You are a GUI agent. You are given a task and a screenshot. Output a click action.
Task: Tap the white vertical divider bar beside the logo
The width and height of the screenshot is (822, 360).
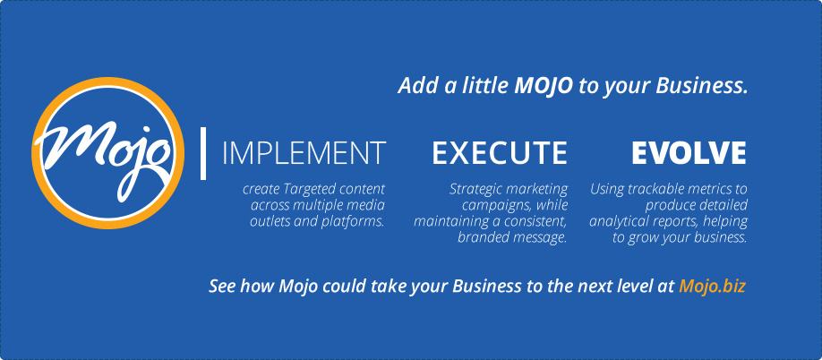pyautogui.click(x=203, y=153)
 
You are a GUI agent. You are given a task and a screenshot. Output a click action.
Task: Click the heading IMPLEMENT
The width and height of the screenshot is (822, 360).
pyautogui.click(x=304, y=153)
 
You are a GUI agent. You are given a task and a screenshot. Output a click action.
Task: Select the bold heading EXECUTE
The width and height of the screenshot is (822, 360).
pyautogui.click(x=500, y=153)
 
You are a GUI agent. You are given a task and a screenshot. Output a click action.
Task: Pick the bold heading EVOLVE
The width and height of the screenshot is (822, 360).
pyautogui.click(x=689, y=153)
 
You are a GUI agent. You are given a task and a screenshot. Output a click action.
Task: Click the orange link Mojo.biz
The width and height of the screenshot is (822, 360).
pyautogui.click(x=712, y=286)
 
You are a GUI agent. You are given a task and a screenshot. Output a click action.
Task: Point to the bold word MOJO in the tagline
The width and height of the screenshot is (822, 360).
pyautogui.click(x=544, y=86)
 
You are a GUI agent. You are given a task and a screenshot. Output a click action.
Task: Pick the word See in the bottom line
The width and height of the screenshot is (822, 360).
pyautogui.click(x=220, y=287)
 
